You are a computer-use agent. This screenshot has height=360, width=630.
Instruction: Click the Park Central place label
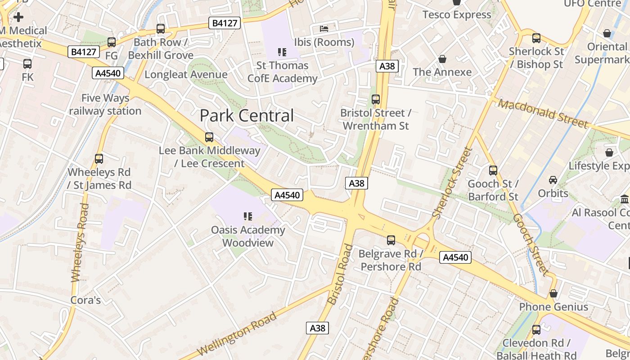247,116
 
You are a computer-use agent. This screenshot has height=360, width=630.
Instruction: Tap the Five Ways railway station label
105,104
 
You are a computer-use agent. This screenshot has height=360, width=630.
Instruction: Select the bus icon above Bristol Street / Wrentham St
376,99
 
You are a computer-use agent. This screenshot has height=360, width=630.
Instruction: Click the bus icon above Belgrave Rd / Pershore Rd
391,240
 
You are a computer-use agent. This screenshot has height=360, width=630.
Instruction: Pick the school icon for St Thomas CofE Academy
282,52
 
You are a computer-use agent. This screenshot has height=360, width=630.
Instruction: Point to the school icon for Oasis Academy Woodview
247,216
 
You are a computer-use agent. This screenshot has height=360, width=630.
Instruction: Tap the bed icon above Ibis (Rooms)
324,29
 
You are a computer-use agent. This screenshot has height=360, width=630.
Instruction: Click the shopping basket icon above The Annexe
442,59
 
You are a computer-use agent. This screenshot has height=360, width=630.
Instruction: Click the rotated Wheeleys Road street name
79,243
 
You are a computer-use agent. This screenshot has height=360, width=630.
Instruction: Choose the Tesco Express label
457,15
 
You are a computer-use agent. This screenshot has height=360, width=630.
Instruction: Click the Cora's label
85,300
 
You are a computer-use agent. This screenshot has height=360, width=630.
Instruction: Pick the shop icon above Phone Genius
553,293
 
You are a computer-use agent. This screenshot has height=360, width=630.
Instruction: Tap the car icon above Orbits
553,180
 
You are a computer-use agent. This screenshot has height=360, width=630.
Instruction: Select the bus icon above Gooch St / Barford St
493,171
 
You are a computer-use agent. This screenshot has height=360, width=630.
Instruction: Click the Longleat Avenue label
186,74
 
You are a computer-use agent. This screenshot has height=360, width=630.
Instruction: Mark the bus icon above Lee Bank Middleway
209,137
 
